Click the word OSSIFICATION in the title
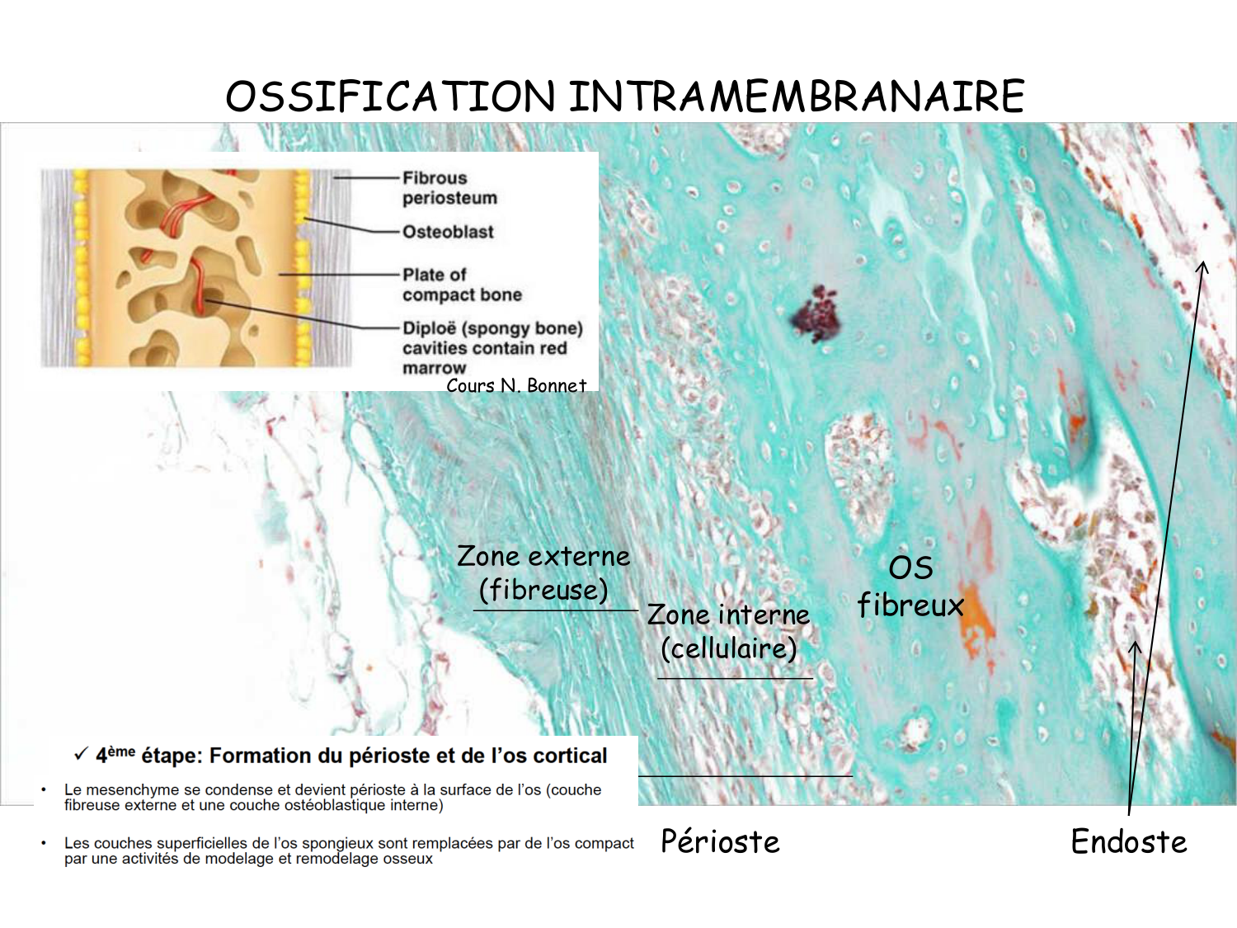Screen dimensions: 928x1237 pos(390,97)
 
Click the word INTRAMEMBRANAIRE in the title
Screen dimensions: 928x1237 pos(797,97)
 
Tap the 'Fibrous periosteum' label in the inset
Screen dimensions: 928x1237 pos(449,188)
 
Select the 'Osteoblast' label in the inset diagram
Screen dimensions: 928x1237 pos(448,233)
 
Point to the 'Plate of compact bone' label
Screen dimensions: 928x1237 pos(462,285)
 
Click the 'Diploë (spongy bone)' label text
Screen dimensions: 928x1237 pos(492,328)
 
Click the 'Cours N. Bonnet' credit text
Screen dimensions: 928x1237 pos(516,385)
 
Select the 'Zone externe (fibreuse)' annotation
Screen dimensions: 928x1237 pos(543,572)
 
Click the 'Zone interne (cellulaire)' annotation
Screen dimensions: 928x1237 pos(728,631)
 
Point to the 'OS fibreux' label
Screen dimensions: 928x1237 pos(910,586)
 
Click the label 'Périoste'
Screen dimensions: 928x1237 pos(720,841)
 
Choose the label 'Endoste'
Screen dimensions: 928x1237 pos(1128,841)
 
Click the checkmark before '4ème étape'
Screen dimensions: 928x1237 pos(81,754)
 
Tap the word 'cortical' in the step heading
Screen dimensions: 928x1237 pos(570,756)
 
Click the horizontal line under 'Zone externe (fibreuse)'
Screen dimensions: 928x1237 pos(555,610)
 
